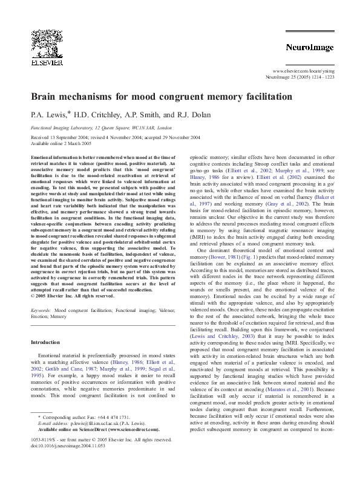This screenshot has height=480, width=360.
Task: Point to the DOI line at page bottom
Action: pos(68,443)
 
